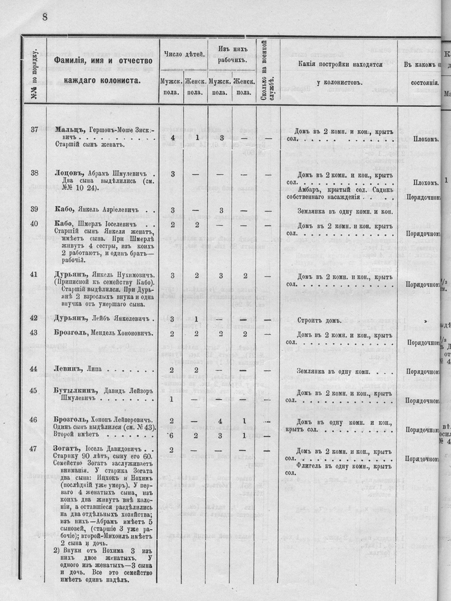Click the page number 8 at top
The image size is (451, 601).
pyautogui.click(x=44, y=17)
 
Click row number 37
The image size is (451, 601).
pyautogui.click(x=34, y=129)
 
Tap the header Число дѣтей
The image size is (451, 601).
pyautogui.click(x=183, y=55)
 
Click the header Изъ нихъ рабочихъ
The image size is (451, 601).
pyautogui.click(x=232, y=55)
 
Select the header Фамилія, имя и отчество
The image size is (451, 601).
pyautogui.click(x=103, y=61)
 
